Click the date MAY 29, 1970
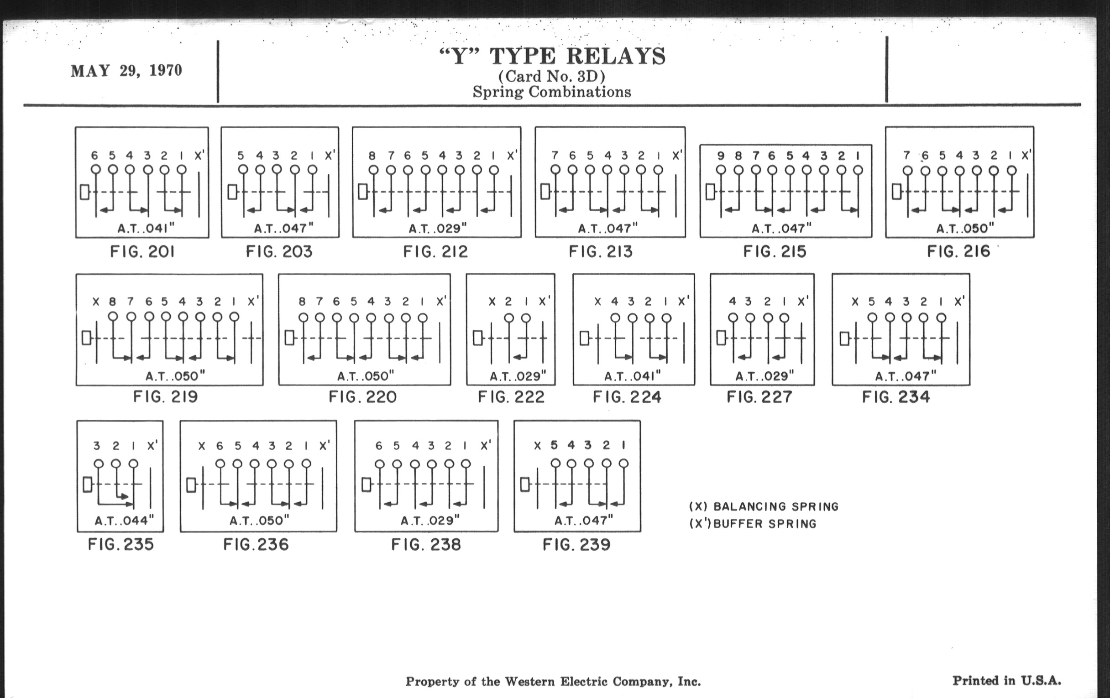pos(126,71)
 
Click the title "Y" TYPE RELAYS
pos(552,56)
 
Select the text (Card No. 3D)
pos(552,76)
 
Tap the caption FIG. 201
pos(142,251)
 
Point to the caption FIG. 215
pos(775,251)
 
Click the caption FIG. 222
pos(511,397)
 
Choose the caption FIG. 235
pos(121,545)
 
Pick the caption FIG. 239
pos(576,545)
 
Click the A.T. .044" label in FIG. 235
pos(124,521)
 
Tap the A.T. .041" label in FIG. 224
pos(633,376)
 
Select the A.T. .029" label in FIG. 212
pos(437,229)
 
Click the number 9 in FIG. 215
pos(721,156)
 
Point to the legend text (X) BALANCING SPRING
pos(764,507)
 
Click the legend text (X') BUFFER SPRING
pos(753,524)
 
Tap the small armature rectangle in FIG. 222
pos(477,338)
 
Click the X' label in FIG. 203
pos(330,155)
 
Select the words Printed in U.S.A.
pos(1007,681)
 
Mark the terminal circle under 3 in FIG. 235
pos(98,464)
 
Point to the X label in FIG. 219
pos(96,302)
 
